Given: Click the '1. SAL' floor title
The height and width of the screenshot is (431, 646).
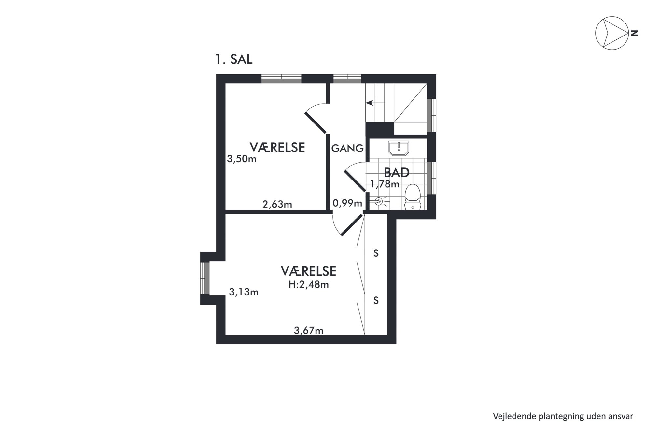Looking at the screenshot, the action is (x=233, y=59).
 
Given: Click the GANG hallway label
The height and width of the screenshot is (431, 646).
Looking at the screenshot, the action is (x=347, y=148).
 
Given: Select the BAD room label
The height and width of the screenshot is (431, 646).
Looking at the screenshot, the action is (x=396, y=172).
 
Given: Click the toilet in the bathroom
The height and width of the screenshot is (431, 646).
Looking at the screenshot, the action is (x=413, y=197).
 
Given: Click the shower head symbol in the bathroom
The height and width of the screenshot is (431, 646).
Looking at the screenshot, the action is (x=379, y=201).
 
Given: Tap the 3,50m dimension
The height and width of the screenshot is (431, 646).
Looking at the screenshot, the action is (x=242, y=159).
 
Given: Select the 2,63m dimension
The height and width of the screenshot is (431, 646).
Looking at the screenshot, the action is (x=277, y=204).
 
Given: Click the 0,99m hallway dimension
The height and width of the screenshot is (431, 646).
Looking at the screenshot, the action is (x=347, y=203).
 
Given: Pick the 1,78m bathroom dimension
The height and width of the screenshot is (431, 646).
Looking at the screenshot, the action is (x=385, y=184).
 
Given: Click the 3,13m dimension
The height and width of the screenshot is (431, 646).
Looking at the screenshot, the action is (x=244, y=292).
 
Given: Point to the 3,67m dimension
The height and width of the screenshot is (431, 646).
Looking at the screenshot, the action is (x=308, y=331).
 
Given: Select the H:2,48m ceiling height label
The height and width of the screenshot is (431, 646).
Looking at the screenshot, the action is (x=308, y=285).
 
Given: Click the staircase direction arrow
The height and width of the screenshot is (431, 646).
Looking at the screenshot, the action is (x=375, y=103).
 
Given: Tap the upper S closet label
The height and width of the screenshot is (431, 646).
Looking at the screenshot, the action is (x=376, y=253).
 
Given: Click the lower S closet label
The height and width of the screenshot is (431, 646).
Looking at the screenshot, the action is (x=376, y=300).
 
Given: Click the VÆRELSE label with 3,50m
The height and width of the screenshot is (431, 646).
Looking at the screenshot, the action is (x=277, y=147).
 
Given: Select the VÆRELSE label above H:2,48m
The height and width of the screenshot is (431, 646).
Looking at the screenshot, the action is (x=308, y=271).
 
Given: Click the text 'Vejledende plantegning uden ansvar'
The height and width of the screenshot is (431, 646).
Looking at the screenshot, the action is (x=563, y=416).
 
